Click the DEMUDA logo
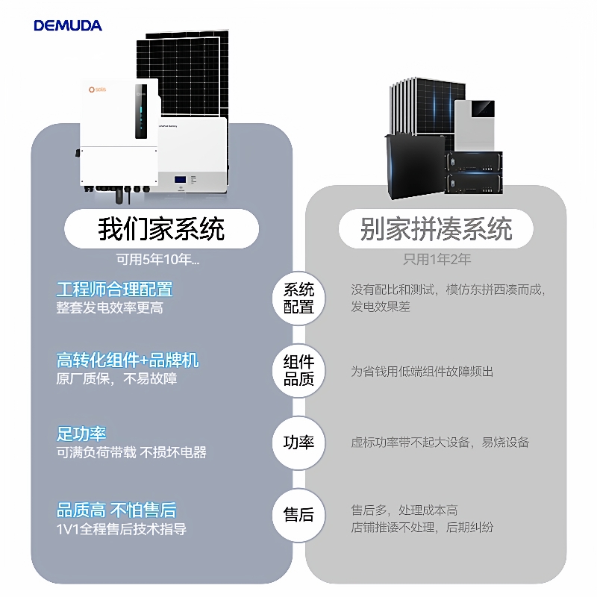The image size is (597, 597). click(68, 25)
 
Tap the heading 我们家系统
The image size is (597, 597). click(161, 228)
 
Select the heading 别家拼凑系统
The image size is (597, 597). click(436, 228)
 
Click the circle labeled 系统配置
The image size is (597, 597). click(298, 298)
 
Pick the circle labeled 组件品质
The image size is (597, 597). click(298, 370)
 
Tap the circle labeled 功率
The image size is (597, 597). click(298, 442)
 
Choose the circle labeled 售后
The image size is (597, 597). click(298, 514)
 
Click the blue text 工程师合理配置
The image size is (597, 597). click(114, 289)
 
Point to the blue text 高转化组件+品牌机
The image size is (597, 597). click(128, 360)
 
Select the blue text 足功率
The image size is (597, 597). click(81, 433)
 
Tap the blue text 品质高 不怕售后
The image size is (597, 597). click(116, 510)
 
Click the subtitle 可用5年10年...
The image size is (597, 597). click(157, 260)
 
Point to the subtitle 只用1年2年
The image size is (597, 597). click(437, 260)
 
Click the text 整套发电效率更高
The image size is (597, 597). click(110, 307)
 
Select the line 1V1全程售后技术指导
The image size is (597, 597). click(122, 529)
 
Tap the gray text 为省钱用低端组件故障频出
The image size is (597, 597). click(422, 371)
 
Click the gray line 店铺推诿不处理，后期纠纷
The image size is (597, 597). click(422, 528)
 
